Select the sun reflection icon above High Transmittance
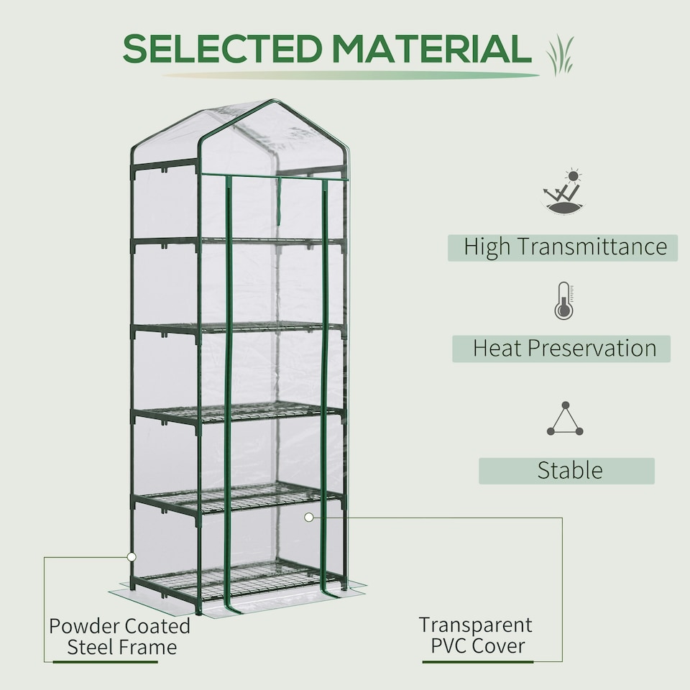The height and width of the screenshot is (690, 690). [x=563, y=192]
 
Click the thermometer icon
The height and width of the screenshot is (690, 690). [x=563, y=301]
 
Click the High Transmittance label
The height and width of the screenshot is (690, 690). [x=565, y=247]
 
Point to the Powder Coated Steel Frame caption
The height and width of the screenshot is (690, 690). [x=120, y=636]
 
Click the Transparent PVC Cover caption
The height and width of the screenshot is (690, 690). [x=476, y=635]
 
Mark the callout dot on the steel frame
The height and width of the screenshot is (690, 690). [x=132, y=556]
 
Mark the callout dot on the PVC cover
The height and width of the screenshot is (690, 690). [x=309, y=517]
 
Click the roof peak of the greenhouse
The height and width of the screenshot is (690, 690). [x=272, y=102]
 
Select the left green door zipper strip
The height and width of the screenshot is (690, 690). [x=229, y=388]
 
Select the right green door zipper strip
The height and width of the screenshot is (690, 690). [x=325, y=388]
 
